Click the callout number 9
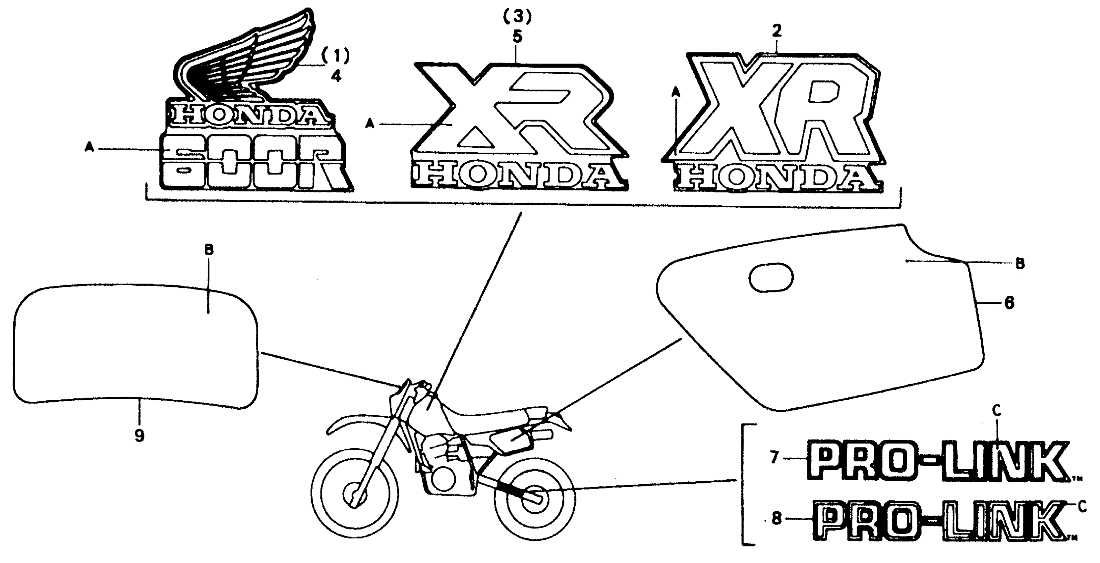(139, 435)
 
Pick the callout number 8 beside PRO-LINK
(776, 518)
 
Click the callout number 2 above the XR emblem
(776, 31)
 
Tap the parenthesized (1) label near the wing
(336, 56)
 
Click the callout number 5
(517, 37)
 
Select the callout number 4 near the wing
(336, 77)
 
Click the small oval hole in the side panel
(771, 278)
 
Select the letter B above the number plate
(208, 250)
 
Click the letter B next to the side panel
(1020, 264)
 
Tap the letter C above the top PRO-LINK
(996, 411)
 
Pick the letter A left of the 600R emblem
(89, 148)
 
